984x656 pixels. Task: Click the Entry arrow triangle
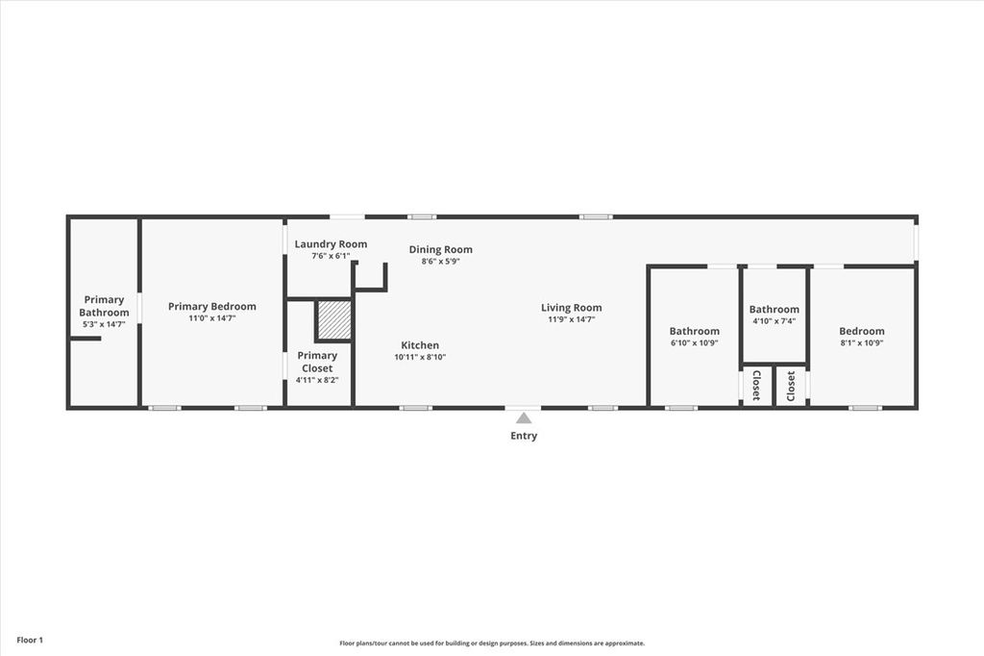coord(524,418)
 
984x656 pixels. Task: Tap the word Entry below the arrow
coord(524,436)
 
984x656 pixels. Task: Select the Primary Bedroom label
coord(212,307)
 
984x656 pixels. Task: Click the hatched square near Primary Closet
coord(334,320)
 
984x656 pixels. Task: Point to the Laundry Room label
coord(331,244)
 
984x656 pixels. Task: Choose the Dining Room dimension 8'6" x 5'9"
coord(441,261)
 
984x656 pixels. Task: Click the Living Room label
coord(572,308)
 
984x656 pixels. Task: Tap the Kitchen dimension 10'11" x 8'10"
coord(420,357)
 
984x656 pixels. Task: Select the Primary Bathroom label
coord(104,306)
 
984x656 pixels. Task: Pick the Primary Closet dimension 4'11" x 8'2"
coord(317,379)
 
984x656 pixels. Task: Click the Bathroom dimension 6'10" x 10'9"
coord(695,342)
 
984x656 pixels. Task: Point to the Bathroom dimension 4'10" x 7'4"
coord(775,321)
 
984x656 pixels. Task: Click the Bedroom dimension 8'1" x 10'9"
coord(862,342)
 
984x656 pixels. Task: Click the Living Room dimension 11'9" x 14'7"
coord(572,319)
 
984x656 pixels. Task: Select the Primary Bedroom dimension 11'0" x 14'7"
coord(212,318)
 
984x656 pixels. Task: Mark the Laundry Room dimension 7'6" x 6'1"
coord(331,256)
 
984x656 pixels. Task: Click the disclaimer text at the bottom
coord(492,643)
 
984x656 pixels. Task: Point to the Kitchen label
coord(420,345)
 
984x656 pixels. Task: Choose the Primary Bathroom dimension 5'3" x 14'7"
coord(104,324)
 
